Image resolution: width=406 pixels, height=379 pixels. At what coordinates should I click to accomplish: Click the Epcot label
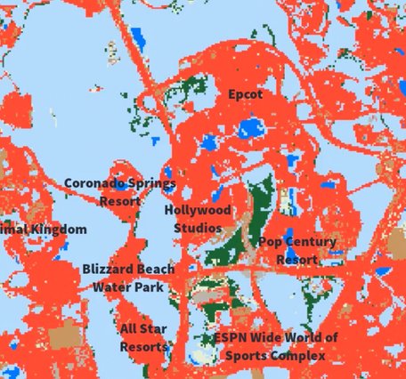pos(245,93)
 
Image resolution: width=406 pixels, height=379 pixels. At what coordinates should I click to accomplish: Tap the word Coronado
pos(94,183)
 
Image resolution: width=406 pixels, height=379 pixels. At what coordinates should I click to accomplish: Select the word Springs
pos(152,183)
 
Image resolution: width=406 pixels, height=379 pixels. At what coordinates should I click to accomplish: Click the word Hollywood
pos(198,211)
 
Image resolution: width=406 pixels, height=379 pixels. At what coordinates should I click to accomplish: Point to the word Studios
pos(198,229)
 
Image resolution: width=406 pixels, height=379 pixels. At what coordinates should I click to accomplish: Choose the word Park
pos(153,287)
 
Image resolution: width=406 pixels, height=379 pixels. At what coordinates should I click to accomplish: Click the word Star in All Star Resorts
pos(154,329)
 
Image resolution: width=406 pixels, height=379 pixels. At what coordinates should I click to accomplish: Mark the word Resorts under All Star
pos(144,347)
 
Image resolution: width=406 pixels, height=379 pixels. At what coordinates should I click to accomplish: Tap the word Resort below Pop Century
pos(296,260)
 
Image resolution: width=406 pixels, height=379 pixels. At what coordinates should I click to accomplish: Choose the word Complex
pos(298,356)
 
